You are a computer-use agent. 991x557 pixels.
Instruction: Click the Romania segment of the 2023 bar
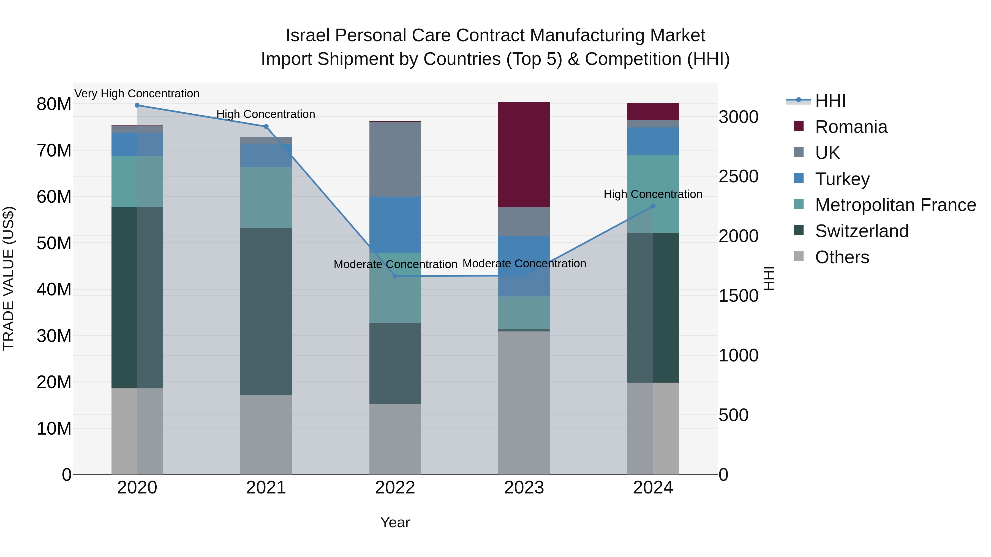coord(524,155)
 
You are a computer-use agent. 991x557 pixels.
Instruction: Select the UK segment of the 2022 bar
coord(395,160)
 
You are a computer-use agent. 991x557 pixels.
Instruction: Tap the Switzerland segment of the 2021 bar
coord(266,311)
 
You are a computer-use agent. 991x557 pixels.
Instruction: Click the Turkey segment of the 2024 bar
coord(653,141)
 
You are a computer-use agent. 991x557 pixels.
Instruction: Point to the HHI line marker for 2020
coord(137,105)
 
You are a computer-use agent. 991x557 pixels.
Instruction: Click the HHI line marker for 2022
coord(395,276)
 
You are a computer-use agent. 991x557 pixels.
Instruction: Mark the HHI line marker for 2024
coord(653,206)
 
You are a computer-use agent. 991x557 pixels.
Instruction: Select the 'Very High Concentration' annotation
coord(137,94)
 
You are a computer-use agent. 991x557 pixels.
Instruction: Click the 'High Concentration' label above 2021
coord(266,114)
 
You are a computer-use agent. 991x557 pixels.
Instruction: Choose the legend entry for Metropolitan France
coord(895,205)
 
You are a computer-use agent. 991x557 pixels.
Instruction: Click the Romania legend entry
coord(851,127)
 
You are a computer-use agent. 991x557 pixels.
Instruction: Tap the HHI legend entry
coord(830,101)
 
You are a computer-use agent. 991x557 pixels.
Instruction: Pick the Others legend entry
coord(842,257)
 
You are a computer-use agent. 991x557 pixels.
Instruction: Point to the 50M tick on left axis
coord(54,243)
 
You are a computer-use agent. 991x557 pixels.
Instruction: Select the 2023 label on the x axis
coord(524,488)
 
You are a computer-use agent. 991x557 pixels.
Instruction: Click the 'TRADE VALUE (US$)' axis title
coord(9,278)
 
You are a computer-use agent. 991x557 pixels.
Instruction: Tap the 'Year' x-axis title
coord(395,522)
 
